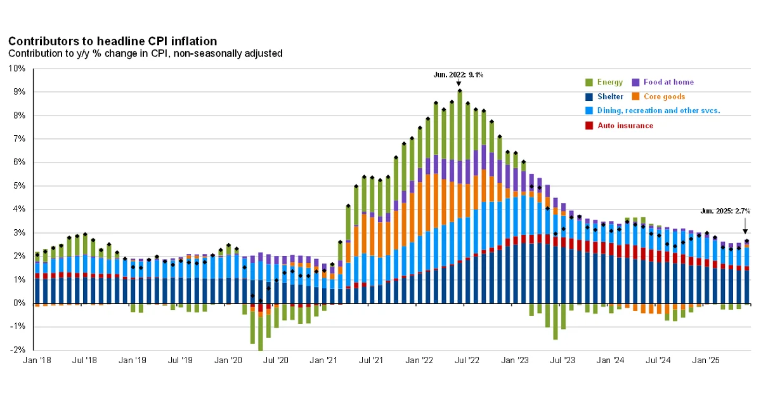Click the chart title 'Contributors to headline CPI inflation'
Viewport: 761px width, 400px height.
pyautogui.click(x=112, y=41)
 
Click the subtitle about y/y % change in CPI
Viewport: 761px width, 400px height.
pyautogui.click(x=145, y=53)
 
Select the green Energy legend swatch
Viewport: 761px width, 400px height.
pyautogui.click(x=589, y=83)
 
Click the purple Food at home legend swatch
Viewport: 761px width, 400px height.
pyautogui.click(x=636, y=83)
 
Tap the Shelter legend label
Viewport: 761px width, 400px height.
pyautogui.click(x=610, y=97)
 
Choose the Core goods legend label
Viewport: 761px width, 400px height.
pyautogui.click(x=664, y=97)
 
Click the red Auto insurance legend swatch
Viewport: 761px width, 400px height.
pyautogui.click(x=589, y=126)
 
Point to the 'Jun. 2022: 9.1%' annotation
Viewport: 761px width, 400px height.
pyautogui.click(x=459, y=74)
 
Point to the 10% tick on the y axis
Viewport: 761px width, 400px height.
pyautogui.click(x=17, y=69)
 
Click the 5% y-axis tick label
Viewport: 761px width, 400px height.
pyautogui.click(x=19, y=186)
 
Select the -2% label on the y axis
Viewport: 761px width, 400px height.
pyautogui.click(x=17, y=350)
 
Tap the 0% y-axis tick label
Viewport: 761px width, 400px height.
pyautogui.click(x=19, y=303)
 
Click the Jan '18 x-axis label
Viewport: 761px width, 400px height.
pyautogui.click(x=37, y=361)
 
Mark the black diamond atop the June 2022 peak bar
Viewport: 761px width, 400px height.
pyautogui.click(x=459, y=91)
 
